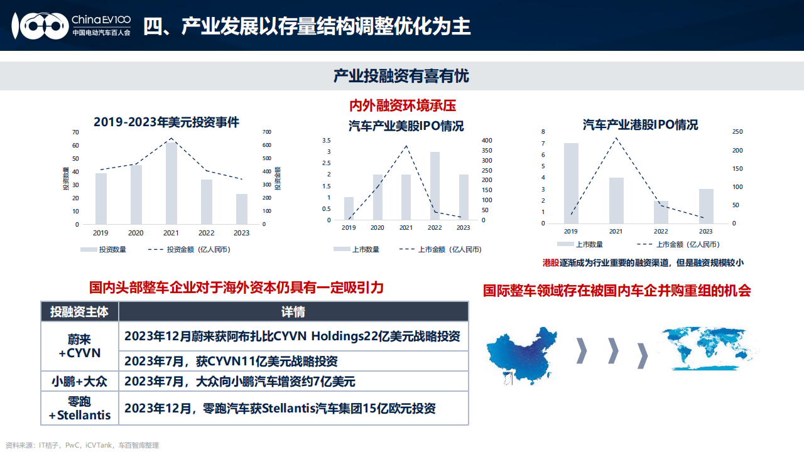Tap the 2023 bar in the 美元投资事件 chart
[241, 208]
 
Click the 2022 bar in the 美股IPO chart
[435, 186]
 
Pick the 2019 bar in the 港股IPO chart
[571, 183]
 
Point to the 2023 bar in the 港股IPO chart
[706, 206]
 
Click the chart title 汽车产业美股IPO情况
[406, 126]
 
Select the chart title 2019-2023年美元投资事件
[166, 122]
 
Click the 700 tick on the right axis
[267, 132]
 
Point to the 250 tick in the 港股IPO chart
[737, 132]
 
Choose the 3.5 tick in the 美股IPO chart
[326, 141]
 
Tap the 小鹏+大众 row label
[80, 381]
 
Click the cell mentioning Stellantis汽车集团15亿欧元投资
[280, 408]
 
